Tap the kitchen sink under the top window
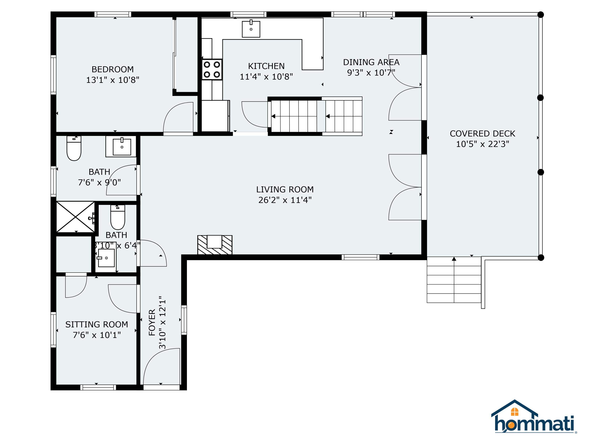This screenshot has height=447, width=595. pyautogui.click(x=251, y=29)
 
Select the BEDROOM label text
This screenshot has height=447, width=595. pyautogui.click(x=112, y=70)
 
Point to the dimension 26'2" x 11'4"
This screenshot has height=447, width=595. pyautogui.click(x=285, y=200)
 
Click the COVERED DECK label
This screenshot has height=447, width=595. pyautogui.click(x=482, y=134)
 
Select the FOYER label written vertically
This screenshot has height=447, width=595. pyautogui.click(x=152, y=322)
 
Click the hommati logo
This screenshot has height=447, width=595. pyautogui.click(x=534, y=417)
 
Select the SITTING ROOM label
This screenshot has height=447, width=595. pyautogui.click(x=97, y=324)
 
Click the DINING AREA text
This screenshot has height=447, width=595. pyautogui.click(x=371, y=62)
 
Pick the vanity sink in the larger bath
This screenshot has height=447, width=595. pyautogui.click(x=122, y=147)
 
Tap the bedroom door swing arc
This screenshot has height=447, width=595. pyautogui.click(x=178, y=117)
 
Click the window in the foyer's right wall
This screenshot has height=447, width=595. pyautogui.click(x=184, y=320)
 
